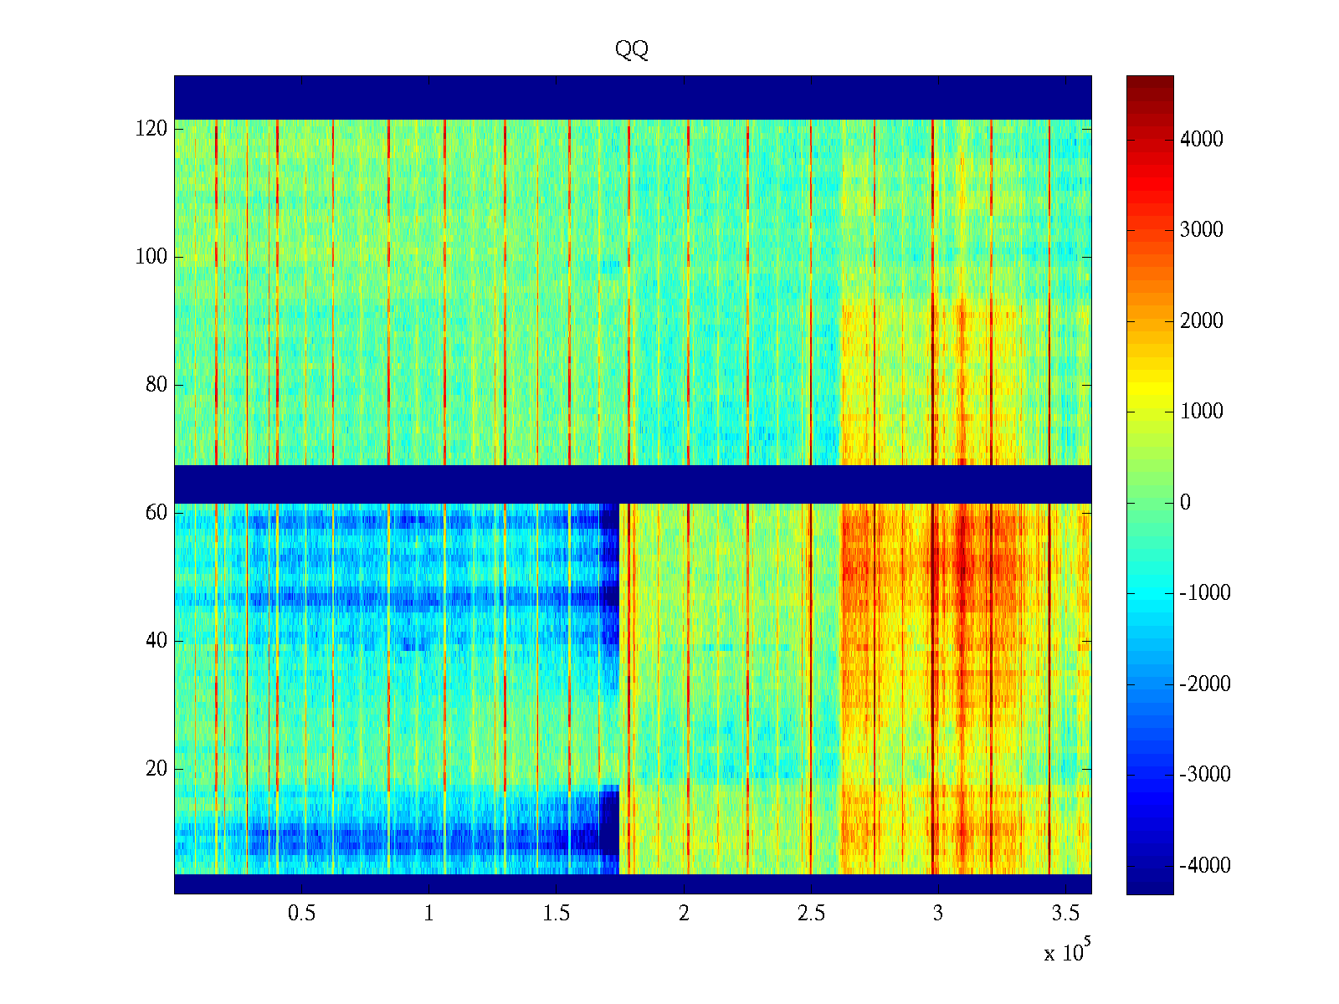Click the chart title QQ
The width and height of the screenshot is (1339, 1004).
pyautogui.click(x=631, y=50)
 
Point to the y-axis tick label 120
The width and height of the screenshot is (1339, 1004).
pyautogui.click(x=151, y=129)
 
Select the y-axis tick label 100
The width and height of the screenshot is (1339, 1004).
pyautogui.click(x=151, y=257)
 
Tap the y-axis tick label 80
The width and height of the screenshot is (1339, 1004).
pyautogui.click(x=156, y=385)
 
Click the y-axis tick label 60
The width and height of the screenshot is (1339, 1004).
pyautogui.click(x=156, y=513)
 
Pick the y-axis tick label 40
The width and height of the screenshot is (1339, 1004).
pyautogui.click(x=156, y=641)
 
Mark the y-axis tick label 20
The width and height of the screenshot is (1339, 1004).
pyautogui.click(x=156, y=769)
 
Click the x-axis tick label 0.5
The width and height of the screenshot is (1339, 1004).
pyautogui.click(x=301, y=914)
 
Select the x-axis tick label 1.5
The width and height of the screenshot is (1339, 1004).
pyautogui.click(x=556, y=914)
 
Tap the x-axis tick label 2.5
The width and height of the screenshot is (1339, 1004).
pyautogui.click(x=811, y=914)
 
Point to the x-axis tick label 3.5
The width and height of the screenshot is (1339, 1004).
pyautogui.click(x=1065, y=914)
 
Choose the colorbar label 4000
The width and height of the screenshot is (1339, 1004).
pyautogui.click(x=1202, y=140)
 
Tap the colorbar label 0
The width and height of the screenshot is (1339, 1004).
pyautogui.click(x=1185, y=503)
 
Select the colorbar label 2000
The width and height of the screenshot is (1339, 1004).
pyautogui.click(x=1202, y=321)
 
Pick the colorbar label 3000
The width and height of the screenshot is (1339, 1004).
pyautogui.click(x=1202, y=230)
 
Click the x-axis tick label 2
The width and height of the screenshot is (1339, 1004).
pyautogui.click(x=684, y=914)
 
